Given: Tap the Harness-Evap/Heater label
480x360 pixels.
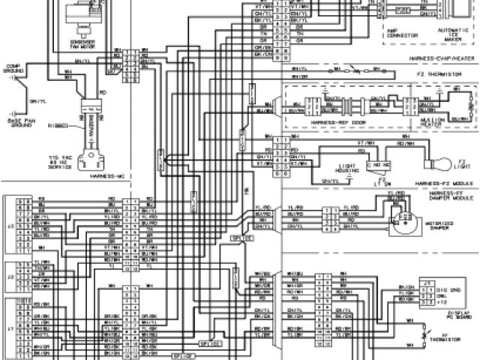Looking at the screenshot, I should pos(442,58).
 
